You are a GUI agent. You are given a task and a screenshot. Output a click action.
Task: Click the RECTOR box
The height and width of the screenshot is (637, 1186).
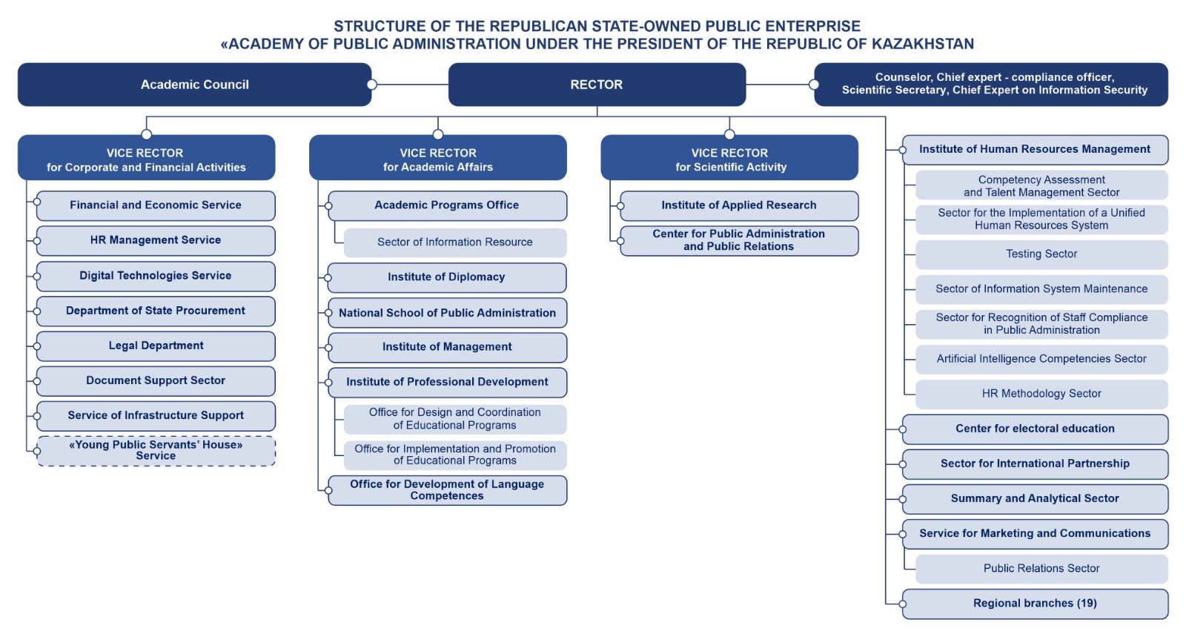point(597,85)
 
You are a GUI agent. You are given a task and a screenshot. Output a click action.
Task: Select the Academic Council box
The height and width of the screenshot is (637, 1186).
point(194,85)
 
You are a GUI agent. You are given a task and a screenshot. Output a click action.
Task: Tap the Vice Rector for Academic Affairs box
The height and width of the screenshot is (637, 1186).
point(437,159)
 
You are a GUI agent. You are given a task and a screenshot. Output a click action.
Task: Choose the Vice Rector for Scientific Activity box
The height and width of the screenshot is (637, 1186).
point(729,159)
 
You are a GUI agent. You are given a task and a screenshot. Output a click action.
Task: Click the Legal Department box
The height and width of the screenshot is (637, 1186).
point(156,346)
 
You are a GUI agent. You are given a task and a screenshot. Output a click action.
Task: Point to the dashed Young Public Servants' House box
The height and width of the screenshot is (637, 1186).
point(156,451)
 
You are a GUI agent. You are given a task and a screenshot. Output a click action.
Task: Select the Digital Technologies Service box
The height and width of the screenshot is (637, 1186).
point(156,276)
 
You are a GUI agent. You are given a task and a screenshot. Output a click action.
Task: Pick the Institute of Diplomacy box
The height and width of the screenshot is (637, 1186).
point(446,277)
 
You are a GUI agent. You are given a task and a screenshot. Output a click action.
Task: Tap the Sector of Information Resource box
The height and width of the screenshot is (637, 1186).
point(454,242)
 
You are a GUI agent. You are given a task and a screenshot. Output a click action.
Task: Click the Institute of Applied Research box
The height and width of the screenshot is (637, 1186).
point(738,205)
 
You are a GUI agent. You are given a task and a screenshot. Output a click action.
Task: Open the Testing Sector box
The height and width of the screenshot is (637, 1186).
point(1041,254)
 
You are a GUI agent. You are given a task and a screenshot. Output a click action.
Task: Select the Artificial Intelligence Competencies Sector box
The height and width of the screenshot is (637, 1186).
point(1041,359)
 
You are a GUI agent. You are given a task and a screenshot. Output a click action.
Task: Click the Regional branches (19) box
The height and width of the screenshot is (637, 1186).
point(1035,604)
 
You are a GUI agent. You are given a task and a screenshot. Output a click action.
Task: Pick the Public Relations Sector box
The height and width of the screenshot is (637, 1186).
point(1041,569)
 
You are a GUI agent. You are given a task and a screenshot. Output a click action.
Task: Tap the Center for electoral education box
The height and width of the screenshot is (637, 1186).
point(1035,429)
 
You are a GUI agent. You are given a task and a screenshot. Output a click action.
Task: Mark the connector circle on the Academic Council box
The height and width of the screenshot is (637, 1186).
point(372,85)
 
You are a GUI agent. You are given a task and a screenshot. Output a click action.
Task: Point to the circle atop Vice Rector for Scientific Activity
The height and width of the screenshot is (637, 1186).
point(729,134)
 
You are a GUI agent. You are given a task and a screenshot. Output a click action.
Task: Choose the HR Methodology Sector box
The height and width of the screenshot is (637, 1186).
point(1041,394)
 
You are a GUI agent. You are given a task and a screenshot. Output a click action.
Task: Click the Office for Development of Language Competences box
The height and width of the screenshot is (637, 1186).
point(447,490)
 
